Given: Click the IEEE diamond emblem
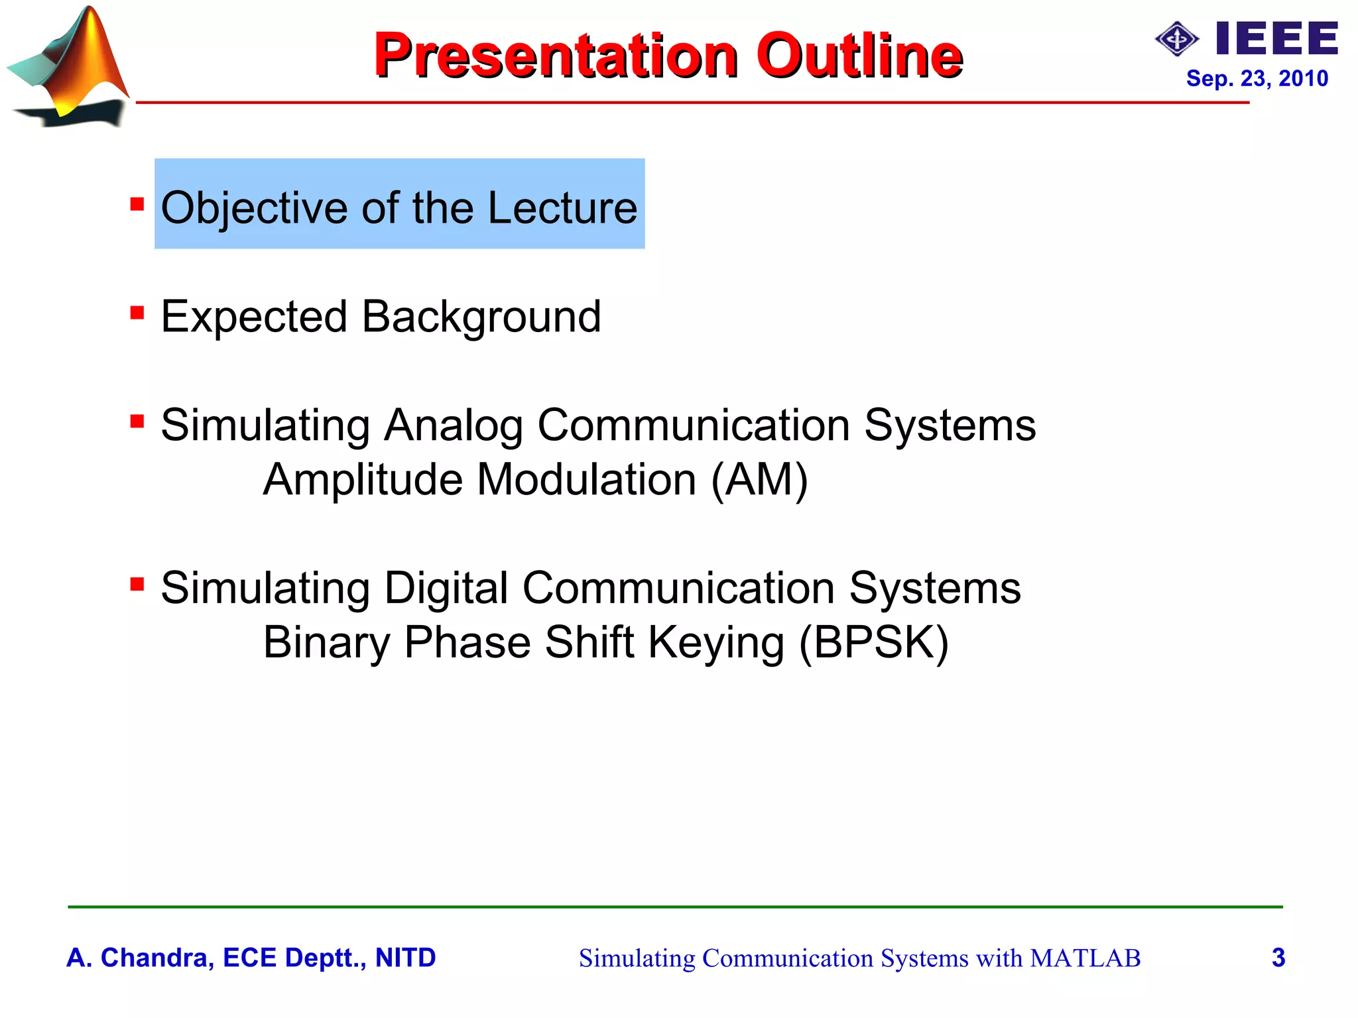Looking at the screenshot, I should [1176, 40].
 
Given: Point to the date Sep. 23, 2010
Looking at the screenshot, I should [1257, 79].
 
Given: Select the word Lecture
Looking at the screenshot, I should [562, 208].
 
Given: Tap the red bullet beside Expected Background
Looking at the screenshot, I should [137, 311].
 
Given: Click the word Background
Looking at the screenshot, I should [481, 317].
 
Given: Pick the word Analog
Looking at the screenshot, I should [454, 425].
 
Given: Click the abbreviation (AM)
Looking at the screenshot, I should [759, 480].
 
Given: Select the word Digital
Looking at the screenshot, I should [446, 589].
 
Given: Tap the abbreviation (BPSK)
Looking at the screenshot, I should [873, 643].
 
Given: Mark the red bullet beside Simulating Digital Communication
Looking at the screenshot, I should [137, 584].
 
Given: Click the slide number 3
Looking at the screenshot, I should [1278, 958].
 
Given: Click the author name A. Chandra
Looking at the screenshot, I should [137, 958].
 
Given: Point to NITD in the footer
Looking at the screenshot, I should [405, 958].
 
